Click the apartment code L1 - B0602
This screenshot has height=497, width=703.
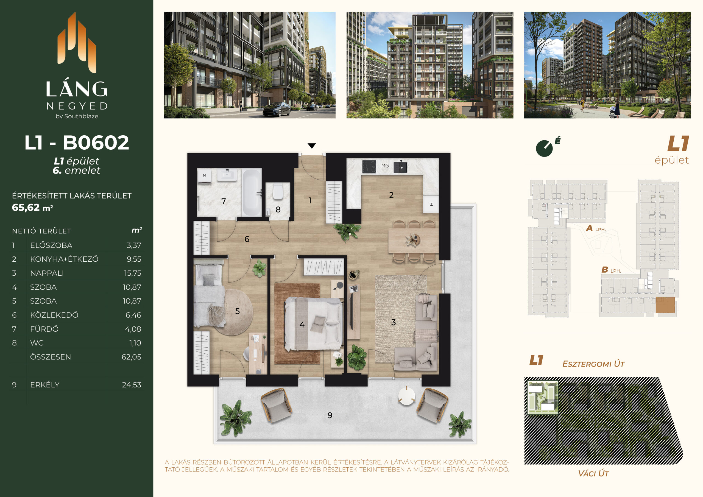pos(77,143)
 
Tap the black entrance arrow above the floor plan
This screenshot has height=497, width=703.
pos(312,146)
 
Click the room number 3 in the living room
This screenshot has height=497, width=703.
pos(394,322)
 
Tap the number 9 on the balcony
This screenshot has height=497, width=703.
pos(330,415)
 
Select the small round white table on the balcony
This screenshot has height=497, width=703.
pos(406,396)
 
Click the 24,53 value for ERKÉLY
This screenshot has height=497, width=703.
pos(132,385)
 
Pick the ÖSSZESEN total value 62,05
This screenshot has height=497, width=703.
pos(132,357)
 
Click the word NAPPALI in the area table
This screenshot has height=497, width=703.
pos(47,273)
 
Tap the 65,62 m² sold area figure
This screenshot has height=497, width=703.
pos(32,208)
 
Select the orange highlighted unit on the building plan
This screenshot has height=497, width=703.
pos(665,305)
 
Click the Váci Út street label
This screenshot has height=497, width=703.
pos(593,473)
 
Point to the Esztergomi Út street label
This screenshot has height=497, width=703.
pos(593,364)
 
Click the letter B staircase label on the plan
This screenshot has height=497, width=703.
pos(604,270)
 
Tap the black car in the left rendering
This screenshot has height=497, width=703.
pos(277,109)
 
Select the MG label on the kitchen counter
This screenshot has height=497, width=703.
pos(385,166)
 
